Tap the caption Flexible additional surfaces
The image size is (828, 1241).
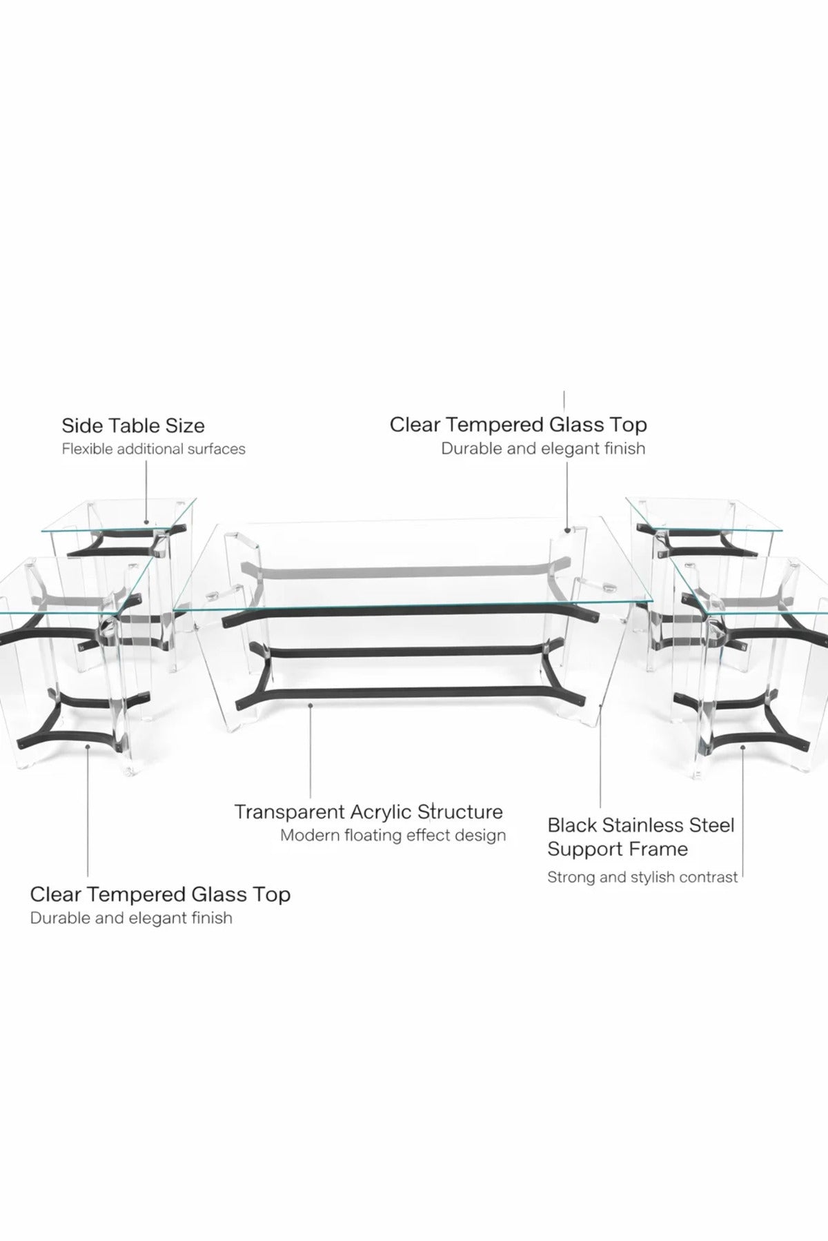point(154,449)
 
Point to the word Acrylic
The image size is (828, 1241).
point(382,813)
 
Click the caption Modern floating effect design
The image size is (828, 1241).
point(393,836)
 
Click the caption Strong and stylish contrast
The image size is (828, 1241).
point(642,878)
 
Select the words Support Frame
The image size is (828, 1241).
point(618,849)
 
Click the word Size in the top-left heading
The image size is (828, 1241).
point(186,425)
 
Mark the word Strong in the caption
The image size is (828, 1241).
point(569,878)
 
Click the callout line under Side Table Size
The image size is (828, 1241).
point(146,492)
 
